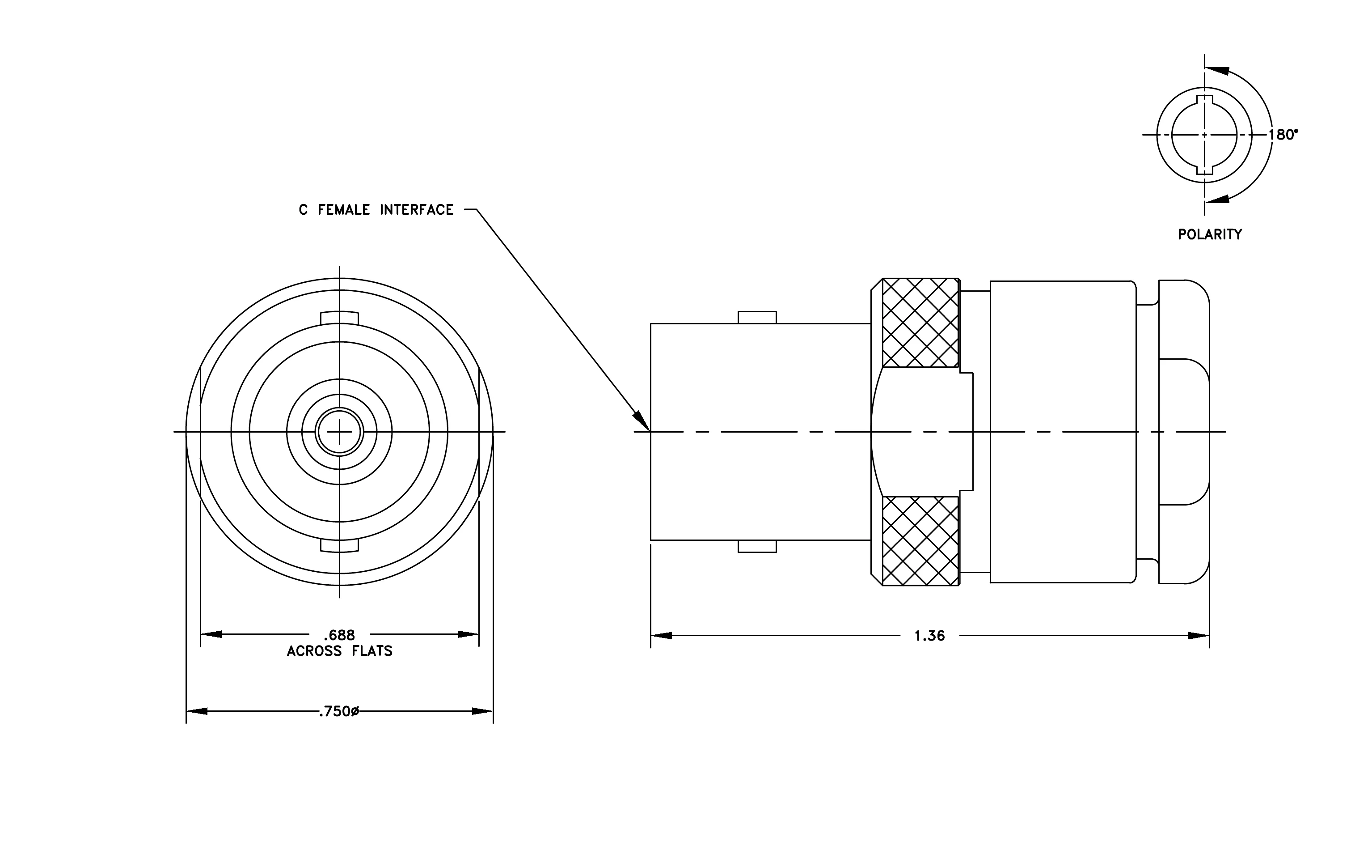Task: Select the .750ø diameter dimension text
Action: point(339,711)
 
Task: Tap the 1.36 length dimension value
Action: point(930,636)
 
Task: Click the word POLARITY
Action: point(1210,234)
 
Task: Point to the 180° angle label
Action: point(1283,135)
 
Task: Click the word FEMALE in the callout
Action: point(344,210)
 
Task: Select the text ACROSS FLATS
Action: point(340,651)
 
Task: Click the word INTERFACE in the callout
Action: point(417,210)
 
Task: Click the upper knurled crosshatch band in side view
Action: point(920,323)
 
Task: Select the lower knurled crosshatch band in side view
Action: point(920,541)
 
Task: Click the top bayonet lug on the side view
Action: point(757,318)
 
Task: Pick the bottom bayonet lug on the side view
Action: point(757,546)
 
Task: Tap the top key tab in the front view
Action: point(340,318)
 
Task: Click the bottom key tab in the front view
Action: point(340,545)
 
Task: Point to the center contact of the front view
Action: point(340,432)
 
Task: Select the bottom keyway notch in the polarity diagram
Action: point(1204,169)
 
